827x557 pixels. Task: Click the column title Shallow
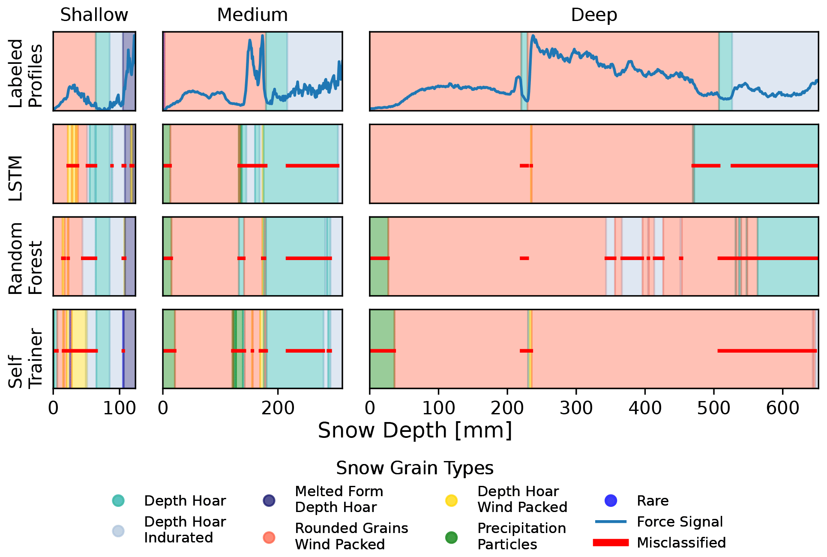94,15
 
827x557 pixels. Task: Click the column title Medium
252,15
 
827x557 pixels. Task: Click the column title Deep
594,15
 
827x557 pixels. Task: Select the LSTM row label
16,178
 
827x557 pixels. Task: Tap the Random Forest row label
26,258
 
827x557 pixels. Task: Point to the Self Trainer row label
26,358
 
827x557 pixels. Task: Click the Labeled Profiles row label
26,73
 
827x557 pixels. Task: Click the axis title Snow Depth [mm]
415,430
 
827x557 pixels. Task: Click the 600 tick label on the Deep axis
782,408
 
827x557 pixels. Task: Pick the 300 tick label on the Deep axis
576,408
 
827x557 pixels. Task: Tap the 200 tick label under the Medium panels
278,408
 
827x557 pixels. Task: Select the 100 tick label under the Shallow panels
120,408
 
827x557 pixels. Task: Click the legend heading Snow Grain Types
415,468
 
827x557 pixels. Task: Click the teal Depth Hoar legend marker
118,500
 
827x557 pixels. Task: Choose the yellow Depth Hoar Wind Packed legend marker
451,500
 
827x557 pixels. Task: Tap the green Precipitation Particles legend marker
451,537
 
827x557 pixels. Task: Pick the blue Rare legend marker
611,500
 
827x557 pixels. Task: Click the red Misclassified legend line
611,542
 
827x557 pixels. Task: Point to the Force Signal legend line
611,521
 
